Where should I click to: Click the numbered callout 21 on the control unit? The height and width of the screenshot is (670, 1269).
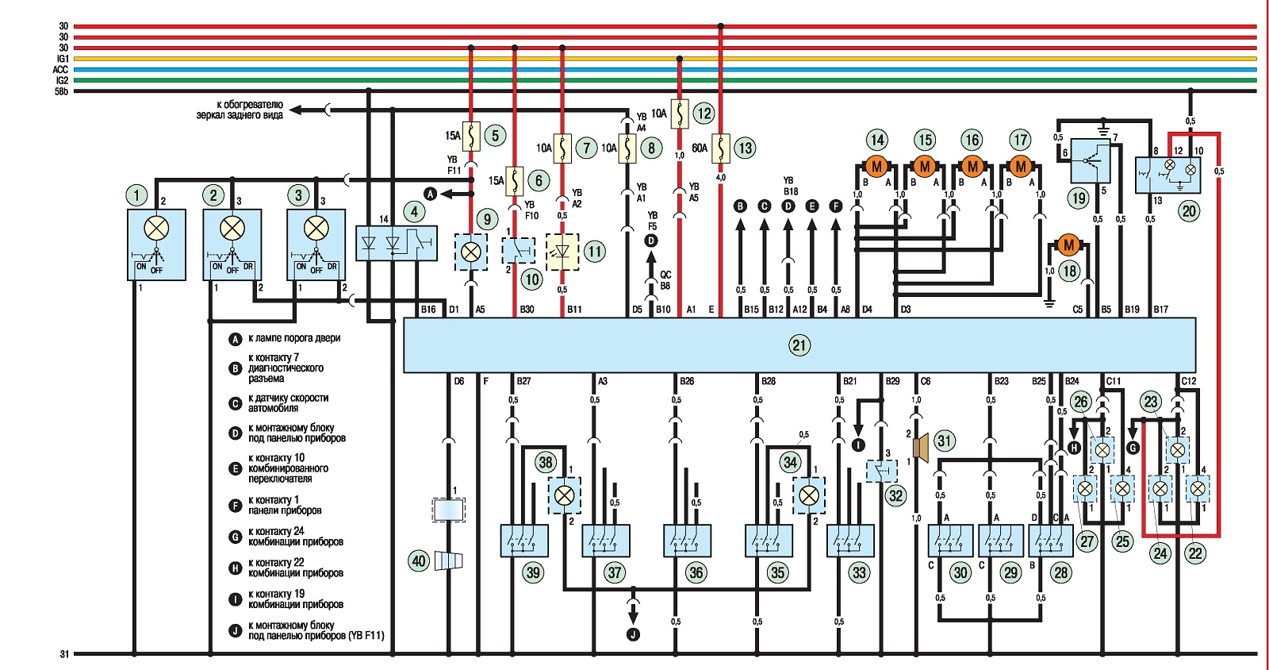799,345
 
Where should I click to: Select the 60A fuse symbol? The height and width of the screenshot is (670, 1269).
721,148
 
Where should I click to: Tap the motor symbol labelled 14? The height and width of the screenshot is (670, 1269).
876,167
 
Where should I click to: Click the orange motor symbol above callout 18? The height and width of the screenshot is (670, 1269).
1068,245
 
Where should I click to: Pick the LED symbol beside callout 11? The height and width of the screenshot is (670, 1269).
562,251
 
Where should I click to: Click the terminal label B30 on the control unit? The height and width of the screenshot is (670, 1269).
527,310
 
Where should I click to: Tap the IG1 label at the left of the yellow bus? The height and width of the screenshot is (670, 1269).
62,59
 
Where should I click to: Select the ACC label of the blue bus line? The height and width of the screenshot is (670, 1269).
60,69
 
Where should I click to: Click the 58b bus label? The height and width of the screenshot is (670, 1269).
61,90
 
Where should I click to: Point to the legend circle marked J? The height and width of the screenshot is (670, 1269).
235,630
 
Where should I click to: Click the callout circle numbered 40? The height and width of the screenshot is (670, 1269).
419,562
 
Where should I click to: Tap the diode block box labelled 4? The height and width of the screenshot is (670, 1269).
396,243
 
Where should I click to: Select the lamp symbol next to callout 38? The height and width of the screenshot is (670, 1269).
564,495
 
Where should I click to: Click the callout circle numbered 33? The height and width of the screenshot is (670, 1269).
859,572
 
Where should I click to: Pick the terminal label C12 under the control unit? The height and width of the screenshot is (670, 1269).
1189,382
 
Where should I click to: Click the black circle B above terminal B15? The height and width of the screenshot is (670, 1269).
740,206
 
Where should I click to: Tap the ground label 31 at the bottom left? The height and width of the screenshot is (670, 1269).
64,654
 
